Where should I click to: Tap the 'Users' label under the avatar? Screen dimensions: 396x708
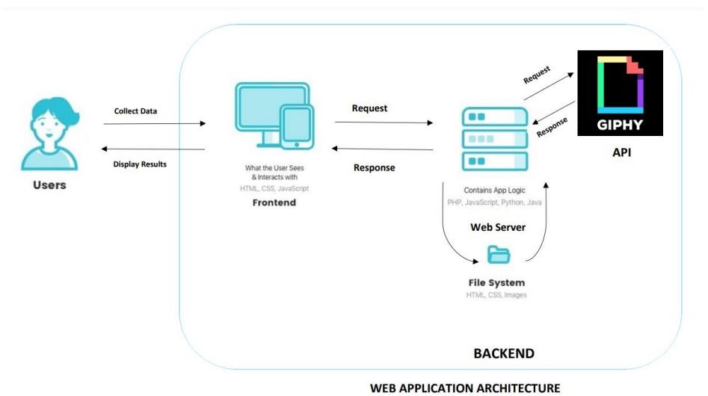[x=49, y=185]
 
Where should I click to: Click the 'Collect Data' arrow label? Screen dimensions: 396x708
[x=135, y=111]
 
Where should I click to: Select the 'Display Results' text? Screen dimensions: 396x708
[x=140, y=164]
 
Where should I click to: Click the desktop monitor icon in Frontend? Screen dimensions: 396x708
[x=262, y=112]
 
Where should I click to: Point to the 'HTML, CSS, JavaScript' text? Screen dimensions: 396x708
[x=274, y=188]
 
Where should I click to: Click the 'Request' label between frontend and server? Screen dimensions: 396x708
[x=369, y=108]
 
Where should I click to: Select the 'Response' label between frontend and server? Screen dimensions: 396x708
[x=374, y=167]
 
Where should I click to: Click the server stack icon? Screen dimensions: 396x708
[x=494, y=138]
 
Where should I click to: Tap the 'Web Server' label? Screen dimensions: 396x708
[x=497, y=226]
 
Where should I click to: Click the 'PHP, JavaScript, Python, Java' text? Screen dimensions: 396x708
[x=494, y=202]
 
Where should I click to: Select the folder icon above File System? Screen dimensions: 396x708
[x=498, y=255]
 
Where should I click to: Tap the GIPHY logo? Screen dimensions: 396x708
[x=620, y=93]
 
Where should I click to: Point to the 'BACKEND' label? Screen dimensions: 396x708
[x=503, y=353]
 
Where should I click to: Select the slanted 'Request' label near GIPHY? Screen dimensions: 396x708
[x=537, y=75]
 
